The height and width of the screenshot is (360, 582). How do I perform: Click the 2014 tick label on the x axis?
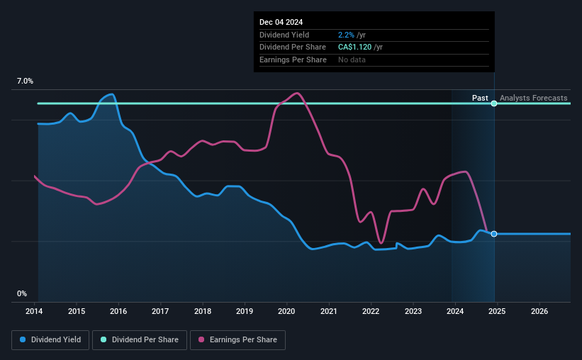(35, 311)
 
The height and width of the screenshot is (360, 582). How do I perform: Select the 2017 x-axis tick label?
(160, 311)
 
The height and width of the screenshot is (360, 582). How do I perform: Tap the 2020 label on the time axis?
(286, 311)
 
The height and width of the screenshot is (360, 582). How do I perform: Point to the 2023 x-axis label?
(413, 311)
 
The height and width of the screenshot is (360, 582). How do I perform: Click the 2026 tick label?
(539, 311)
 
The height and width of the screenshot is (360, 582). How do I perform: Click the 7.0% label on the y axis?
(25, 81)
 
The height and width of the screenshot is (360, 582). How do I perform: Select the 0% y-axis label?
(22, 293)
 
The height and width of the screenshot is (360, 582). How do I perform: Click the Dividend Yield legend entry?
(50, 339)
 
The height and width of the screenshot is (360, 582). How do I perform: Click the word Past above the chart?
(480, 98)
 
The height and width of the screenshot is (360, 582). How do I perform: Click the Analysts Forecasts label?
(533, 98)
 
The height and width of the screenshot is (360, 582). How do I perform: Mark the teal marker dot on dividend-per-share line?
(494, 103)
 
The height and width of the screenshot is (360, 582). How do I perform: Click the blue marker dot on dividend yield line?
(494, 234)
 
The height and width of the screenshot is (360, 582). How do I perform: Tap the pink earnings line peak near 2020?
(296, 93)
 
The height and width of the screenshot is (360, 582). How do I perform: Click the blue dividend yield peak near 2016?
(111, 94)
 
